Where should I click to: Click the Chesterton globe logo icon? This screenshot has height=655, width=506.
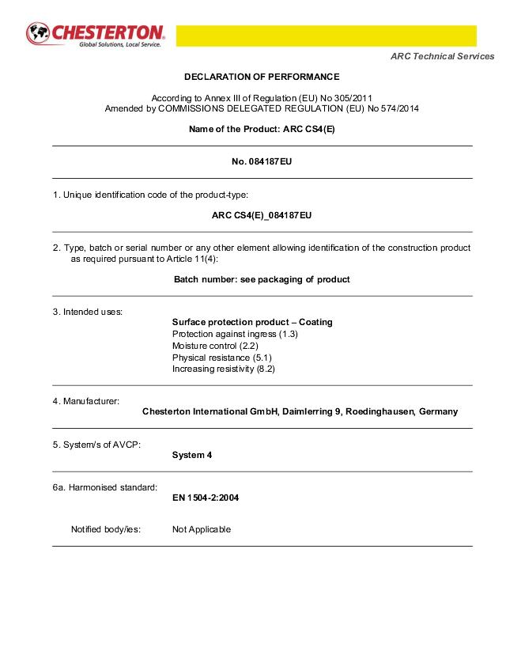coord(37,33)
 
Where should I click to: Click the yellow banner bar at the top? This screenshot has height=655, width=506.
coord(326,36)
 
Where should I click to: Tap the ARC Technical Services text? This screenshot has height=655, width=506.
coord(443,56)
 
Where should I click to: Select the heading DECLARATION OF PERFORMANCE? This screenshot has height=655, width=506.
coord(262,77)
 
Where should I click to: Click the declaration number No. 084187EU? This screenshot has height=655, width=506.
coord(262,162)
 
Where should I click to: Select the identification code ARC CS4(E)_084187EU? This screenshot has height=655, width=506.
coord(262,215)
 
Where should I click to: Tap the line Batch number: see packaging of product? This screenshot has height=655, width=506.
coord(262,279)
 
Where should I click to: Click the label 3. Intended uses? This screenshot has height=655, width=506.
coord(88,312)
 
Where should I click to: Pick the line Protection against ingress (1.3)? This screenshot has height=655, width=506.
coord(235,334)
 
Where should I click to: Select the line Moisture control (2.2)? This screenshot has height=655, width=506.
coord(215,346)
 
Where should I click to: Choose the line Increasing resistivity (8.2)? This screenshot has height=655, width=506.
coord(224,369)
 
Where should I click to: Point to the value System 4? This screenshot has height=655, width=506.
coord(192,455)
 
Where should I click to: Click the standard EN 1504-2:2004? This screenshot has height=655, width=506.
coord(206,498)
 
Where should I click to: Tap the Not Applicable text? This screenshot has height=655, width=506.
coord(202,529)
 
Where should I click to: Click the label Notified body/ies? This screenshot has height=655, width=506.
coord(106,529)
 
